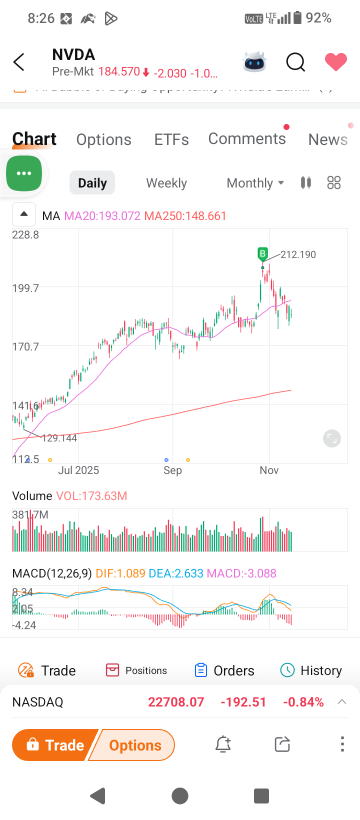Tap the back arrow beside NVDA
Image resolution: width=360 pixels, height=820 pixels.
click(x=19, y=62)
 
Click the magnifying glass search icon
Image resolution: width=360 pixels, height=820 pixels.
click(x=295, y=62)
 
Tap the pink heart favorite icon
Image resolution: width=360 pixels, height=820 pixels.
click(x=335, y=62)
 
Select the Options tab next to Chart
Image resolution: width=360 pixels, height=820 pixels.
click(x=104, y=140)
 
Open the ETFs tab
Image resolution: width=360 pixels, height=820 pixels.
click(x=172, y=140)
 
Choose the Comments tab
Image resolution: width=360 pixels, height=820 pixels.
click(x=247, y=139)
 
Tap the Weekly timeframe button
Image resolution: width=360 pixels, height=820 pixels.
click(x=166, y=183)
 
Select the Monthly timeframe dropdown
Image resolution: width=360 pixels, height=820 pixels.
click(x=254, y=183)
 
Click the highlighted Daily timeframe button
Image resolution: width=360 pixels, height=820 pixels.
click(x=92, y=183)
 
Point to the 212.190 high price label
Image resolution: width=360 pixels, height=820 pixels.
click(x=298, y=255)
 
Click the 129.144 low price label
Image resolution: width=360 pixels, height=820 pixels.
click(x=58, y=438)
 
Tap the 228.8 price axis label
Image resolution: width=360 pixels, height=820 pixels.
click(x=25, y=235)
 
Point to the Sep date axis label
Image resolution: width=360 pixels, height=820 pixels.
click(x=173, y=469)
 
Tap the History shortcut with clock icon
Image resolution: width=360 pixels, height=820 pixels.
click(x=312, y=670)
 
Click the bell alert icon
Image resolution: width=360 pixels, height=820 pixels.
click(x=223, y=745)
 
